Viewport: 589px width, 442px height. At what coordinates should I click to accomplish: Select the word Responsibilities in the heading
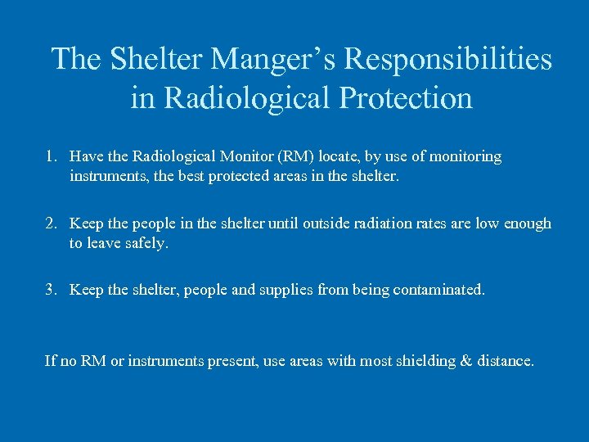[x=448, y=59]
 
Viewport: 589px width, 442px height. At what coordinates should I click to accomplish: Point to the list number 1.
[x=52, y=156]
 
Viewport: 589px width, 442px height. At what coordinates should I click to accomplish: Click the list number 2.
[x=52, y=223]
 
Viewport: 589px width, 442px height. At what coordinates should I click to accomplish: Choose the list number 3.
[x=52, y=290]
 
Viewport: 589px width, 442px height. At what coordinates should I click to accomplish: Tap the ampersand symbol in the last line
[x=466, y=360]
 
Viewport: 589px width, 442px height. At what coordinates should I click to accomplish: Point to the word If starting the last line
[x=50, y=360]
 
